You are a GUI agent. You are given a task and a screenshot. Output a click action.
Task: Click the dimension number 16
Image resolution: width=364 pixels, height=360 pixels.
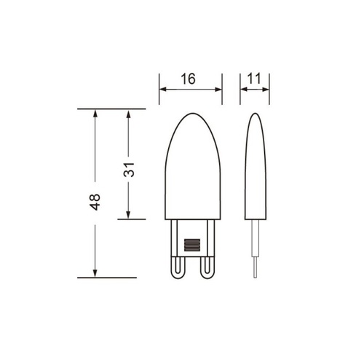tap(188, 79)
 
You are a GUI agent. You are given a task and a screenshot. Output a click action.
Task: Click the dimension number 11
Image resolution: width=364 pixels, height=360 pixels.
tap(254, 79)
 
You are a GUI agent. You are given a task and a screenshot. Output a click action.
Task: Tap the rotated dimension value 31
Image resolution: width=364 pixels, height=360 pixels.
tap(129, 170)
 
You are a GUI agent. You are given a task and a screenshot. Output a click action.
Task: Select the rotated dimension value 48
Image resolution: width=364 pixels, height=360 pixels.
tap(95, 202)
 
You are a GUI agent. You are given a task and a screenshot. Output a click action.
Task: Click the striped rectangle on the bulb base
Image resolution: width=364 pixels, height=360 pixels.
tap(192, 245)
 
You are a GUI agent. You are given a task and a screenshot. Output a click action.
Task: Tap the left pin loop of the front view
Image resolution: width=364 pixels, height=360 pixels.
tap(178, 267)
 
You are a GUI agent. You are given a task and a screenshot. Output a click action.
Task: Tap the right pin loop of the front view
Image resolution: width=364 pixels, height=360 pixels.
tap(207, 267)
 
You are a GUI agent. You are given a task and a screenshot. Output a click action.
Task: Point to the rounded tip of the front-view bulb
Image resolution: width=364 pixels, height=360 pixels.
tap(193, 113)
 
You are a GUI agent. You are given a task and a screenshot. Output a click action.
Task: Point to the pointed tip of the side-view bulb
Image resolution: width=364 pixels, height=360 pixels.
tap(255, 113)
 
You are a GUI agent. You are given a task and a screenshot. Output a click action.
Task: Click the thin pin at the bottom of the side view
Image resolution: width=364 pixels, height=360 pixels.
tap(255, 267)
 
